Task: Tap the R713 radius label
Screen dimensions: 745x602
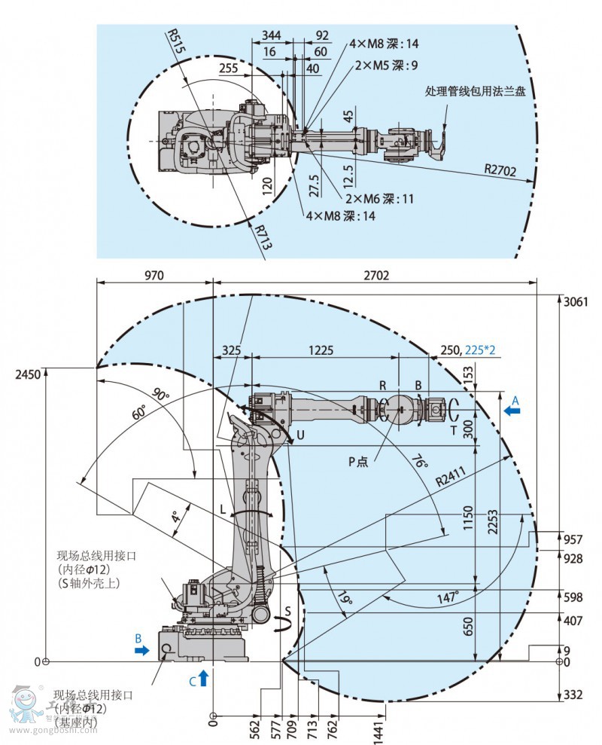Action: (x=260, y=236)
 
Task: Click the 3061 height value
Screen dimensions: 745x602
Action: (x=575, y=301)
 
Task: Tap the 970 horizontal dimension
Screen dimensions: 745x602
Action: (x=154, y=276)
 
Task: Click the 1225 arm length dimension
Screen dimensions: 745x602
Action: (x=321, y=350)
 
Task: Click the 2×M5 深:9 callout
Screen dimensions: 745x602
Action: (x=387, y=66)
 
